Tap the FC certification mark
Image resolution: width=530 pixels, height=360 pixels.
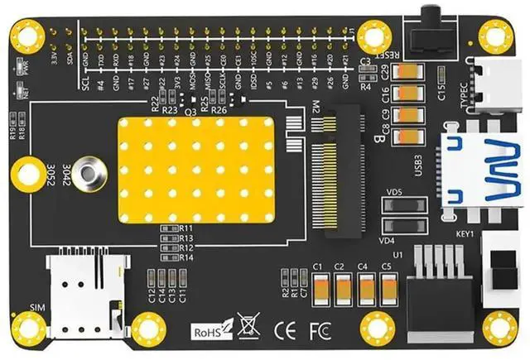point(320,328)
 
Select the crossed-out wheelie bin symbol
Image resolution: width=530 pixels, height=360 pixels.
point(246,326)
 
